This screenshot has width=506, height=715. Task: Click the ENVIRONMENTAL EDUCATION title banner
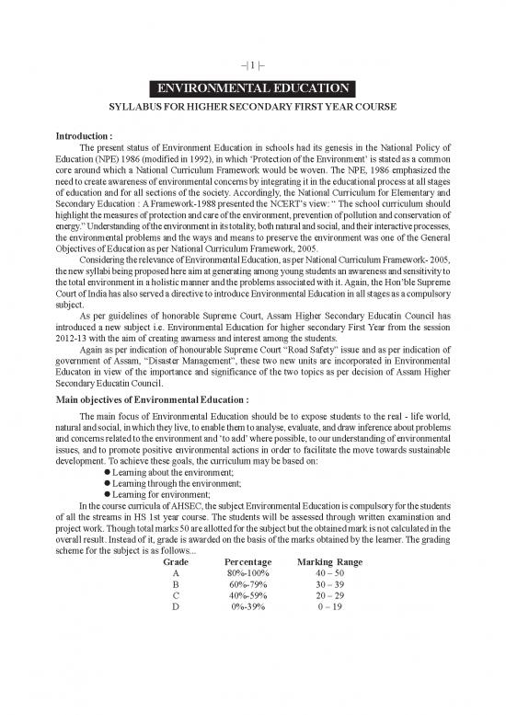pos(252,89)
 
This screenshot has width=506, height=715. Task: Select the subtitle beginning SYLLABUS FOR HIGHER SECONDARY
pos(252,108)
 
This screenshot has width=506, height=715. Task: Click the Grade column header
pos(176,561)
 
